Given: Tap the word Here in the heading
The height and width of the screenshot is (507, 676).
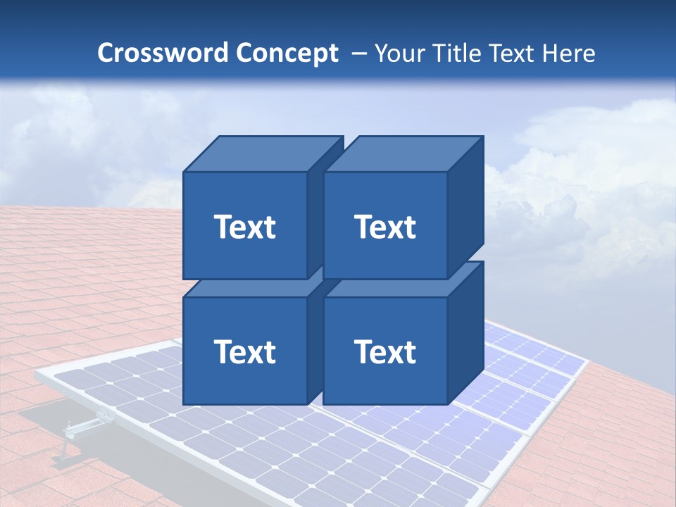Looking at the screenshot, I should (x=566, y=53).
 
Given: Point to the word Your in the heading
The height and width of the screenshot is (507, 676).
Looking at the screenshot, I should (x=399, y=53).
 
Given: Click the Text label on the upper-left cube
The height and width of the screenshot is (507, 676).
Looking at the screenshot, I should (x=244, y=227).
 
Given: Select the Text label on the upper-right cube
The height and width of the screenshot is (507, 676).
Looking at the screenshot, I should (x=385, y=227).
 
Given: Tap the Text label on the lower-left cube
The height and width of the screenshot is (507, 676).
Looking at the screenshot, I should (x=244, y=351).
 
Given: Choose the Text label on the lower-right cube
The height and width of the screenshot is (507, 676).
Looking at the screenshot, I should (x=385, y=351).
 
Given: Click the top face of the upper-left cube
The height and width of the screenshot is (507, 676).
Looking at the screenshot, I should (x=263, y=154).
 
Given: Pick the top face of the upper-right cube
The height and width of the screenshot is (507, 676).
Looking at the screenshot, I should (x=403, y=154).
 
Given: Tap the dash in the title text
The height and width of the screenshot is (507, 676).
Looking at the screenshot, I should (x=358, y=53).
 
